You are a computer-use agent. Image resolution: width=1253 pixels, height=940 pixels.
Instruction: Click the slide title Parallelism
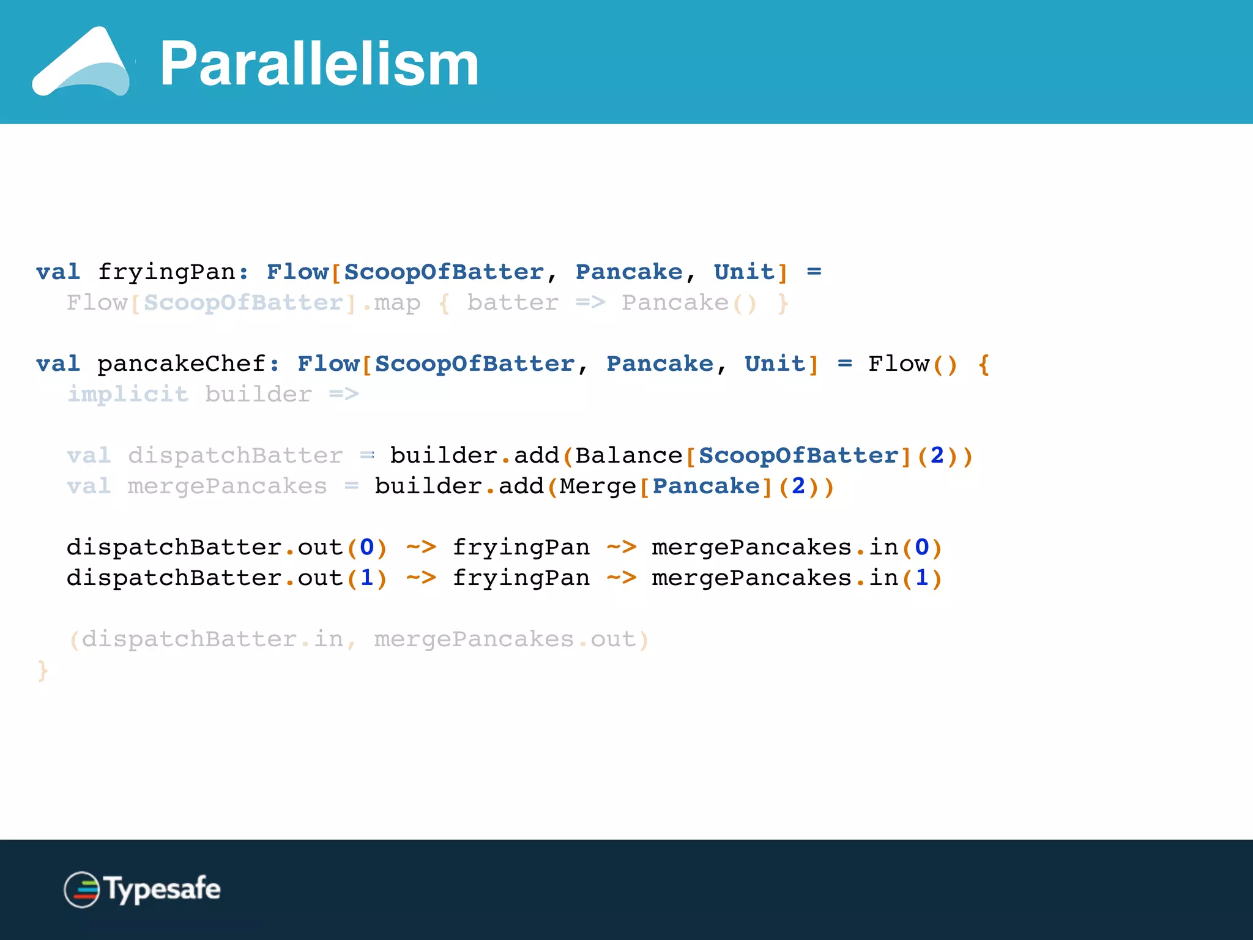tap(319, 64)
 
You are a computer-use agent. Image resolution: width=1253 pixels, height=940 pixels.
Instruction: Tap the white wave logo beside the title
tap(81, 63)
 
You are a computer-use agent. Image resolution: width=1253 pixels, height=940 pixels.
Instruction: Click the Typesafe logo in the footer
tap(142, 889)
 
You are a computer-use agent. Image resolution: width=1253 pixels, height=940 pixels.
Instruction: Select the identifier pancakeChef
tap(181, 364)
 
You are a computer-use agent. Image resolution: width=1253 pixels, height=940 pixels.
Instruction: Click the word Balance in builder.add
tap(628, 456)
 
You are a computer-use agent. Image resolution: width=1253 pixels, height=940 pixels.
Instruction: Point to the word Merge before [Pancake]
tap(598, 487)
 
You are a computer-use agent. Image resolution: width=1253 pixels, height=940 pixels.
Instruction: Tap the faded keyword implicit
tap(127, 395)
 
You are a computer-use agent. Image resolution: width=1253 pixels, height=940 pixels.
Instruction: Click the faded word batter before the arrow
tap(513, 303)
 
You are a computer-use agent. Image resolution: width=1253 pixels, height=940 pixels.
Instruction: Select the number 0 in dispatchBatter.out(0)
tap(366, 548)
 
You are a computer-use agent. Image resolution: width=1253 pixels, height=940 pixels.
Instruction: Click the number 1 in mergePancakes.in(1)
tap(921, 578)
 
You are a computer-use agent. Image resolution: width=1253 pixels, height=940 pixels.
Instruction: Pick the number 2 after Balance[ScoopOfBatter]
tap(937, 456)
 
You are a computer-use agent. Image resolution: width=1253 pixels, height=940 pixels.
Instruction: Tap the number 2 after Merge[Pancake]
tap(798, 487)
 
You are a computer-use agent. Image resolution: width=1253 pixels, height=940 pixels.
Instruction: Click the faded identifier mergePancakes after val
tap(227, 487)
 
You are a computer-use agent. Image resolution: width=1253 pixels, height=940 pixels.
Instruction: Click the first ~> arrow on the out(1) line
tap(421, 578)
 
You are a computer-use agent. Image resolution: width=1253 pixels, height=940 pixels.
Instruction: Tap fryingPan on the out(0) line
tap(521, 548)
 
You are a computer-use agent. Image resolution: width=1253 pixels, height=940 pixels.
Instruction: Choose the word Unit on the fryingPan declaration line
tap(744, 272)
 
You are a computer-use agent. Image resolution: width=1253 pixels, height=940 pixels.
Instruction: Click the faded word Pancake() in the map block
tap(689, 303)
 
